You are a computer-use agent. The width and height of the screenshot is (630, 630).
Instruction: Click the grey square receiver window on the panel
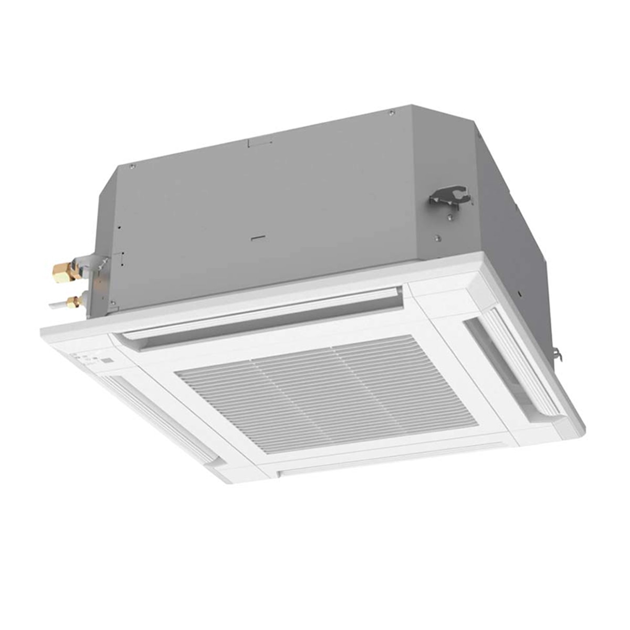(x=107, y=361)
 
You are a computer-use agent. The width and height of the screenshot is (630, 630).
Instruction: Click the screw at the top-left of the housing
(x=132, y=166)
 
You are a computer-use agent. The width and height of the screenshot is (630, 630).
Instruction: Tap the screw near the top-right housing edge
(x=391, y=112)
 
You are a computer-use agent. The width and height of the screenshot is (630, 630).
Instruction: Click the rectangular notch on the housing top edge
(x=254, y=141)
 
